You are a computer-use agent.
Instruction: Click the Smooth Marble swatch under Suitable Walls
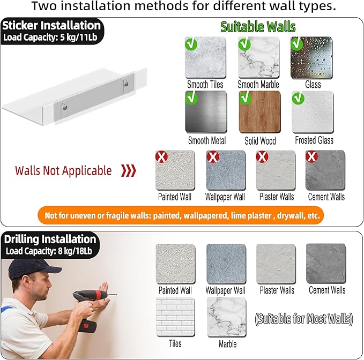pyautogui.click(x=258, y=57)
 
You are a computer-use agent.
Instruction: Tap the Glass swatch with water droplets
pyautogui.click(x=311, y=57)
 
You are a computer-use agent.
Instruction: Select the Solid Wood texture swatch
pyautogui.click(x=260, y=112)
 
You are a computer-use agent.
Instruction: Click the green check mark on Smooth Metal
pyautogui.click(x=191, y=97)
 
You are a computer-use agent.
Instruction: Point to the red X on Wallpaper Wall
pyautogui.click(x=213, y=156)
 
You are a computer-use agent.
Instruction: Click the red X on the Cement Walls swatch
pyautogui.click(x=311, y=156)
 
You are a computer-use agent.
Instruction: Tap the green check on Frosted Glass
pyautogui.click(x=298, y=98)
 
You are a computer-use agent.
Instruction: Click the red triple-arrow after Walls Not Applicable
pyautogui.click(x=129, y=171)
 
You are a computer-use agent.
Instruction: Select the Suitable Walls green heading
pyautogui.click(x=258, y=27)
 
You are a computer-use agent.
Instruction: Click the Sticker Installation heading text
pyautogui.click(x=51, y=25)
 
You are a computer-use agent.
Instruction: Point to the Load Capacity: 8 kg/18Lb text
pyautogui.click(x=49, y=251)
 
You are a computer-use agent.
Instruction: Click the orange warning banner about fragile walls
pyautogui.click(x=181, y=215)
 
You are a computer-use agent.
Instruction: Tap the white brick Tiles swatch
pyautogui.click(x=175, y=317)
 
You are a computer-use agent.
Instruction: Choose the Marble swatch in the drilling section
pyautogui.click(x=227, y=317)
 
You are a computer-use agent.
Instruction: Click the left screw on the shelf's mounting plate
pyautogui.click(x=65, y=107)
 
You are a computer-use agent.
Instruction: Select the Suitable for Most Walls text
pyautogui.click(x=304, y=319)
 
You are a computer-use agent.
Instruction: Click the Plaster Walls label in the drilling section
pyautogui.click(x=277, y=290)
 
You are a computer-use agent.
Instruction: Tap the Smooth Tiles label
pyautogui.click(x=205, y=85)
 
